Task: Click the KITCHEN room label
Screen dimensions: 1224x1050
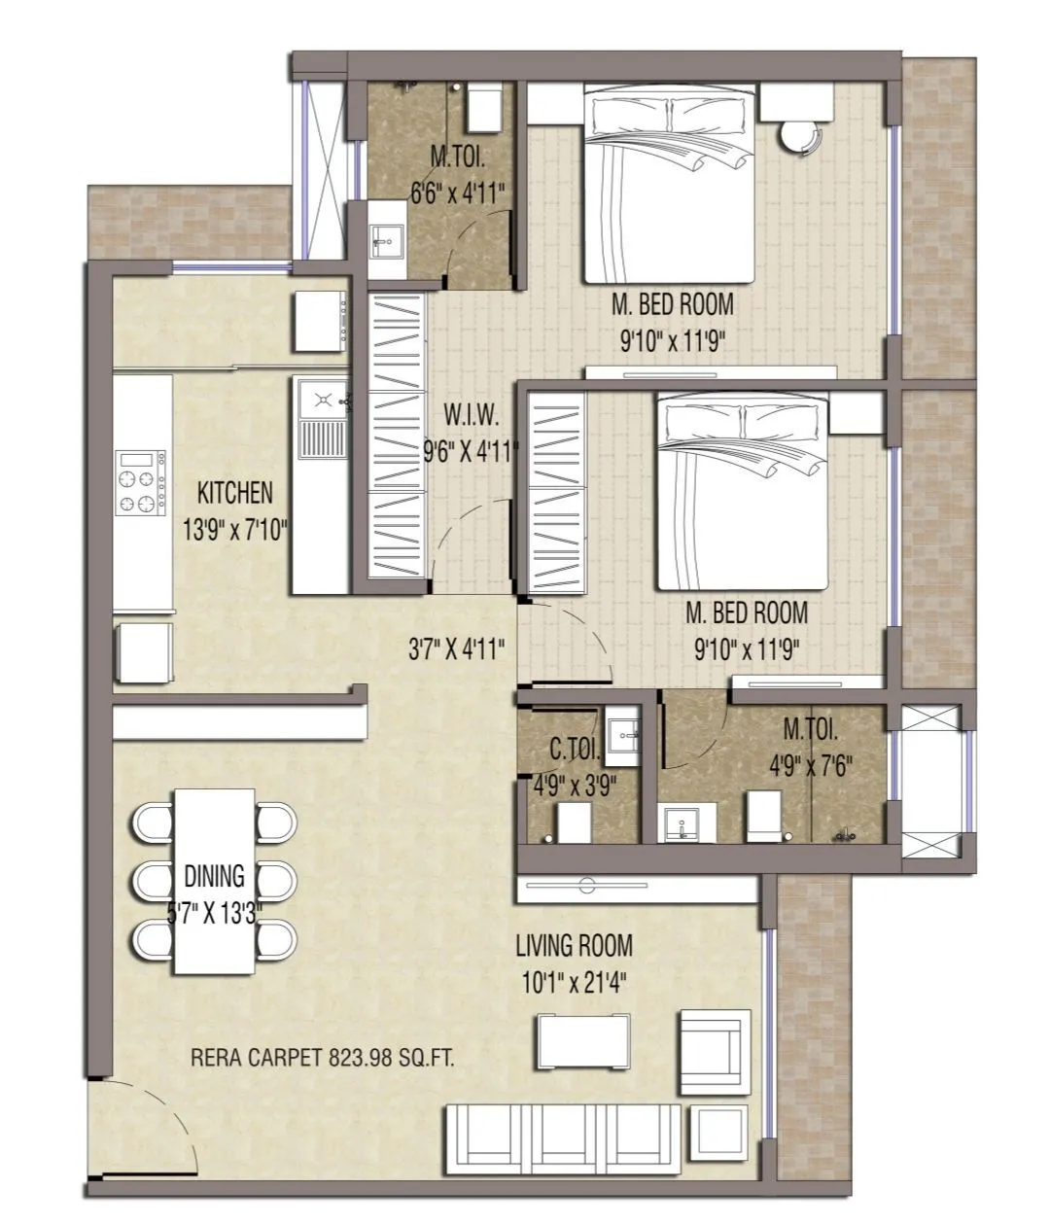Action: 234,493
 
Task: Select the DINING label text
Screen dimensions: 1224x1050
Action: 214,876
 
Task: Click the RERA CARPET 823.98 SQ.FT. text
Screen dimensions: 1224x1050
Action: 323,1058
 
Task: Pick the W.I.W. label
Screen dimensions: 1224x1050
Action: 472,416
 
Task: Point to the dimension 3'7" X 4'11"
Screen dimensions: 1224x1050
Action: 456,648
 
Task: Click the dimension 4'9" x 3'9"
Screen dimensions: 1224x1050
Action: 574,785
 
